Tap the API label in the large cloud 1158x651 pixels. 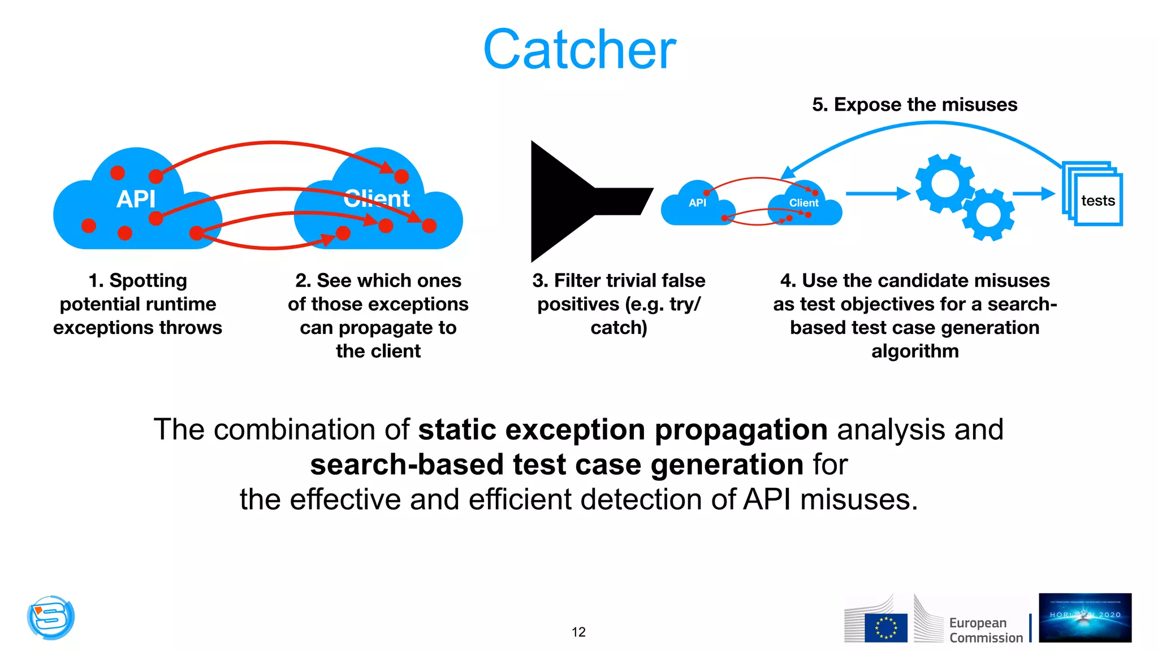click(x=136, y=199)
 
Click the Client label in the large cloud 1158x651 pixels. click(x=377, y=198)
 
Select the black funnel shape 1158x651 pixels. click(x=565, y=201)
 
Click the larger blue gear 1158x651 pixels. click(x=945, y=184)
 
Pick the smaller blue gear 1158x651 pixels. click(x=988, y=215)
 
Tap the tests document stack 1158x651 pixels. click(x=1094, y=194)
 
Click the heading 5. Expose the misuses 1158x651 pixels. click(x=914, y=105)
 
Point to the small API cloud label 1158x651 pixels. click(x=697, y=203)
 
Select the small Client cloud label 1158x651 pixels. click(x=803, y=203)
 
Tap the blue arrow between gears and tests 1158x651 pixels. click(x=1034, y=194)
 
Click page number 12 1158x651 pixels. click(x=578, y=632)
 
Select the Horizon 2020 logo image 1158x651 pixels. click(x=1084, y=618)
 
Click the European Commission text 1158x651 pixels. click(x=986, y=630)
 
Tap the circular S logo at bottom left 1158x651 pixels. click(x=51, y=617)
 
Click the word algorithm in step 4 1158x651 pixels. click(x=914, y=351)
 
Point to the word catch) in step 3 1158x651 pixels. click(x=619, y=328)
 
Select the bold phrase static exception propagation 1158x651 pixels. click(x=623, y=429)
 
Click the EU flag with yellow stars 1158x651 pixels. click(x=885, y=628)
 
